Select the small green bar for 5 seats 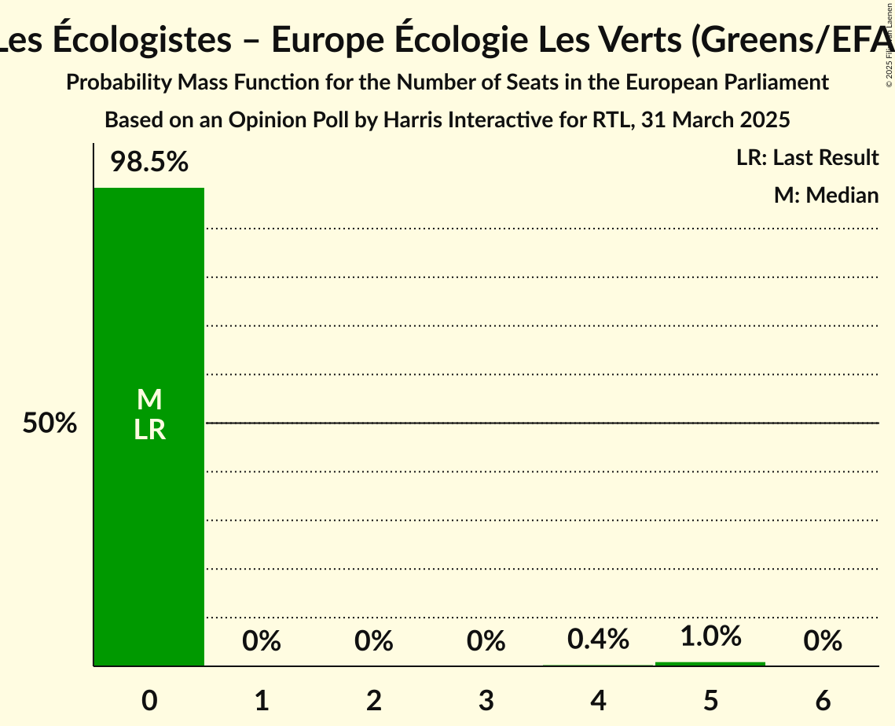(x=710, y=664)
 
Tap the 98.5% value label (x=149, y=163)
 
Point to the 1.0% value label (x=710, y=636)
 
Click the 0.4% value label (x=598, y=640)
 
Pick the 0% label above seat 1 (x=262, y=642)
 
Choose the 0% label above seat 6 (x=823, y=642)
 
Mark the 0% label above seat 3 (x=486, y=642)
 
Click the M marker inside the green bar (x=149, y=400)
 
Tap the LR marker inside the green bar (x=149, y=430)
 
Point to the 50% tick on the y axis (x=50, y=423)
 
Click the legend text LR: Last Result (x=807, y=158)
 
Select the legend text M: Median (x=826, y=195)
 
